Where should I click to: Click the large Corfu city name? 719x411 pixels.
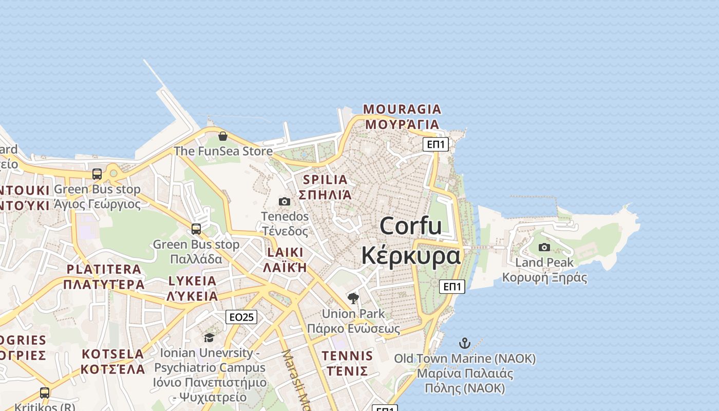410,226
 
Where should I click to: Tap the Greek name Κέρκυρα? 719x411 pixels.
410,255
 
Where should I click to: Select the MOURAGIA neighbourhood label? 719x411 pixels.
402,109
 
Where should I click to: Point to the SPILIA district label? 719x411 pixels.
325,180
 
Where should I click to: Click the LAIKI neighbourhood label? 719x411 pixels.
285,253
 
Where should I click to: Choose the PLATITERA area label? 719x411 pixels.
104,269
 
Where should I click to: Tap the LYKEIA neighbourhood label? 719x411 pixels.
193,281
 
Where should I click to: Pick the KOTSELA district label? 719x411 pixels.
113,354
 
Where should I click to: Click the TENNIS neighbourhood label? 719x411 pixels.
347,356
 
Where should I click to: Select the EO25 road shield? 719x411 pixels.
241,317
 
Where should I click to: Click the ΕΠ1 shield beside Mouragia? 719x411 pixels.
436,144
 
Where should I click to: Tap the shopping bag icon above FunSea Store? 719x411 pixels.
222,136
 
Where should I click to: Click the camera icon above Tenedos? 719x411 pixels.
285,201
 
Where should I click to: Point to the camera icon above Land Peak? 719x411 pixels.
544,248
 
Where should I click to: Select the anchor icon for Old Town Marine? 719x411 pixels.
464,343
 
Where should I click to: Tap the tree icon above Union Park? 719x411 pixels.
353,298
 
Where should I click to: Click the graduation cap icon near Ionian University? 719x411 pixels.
209,338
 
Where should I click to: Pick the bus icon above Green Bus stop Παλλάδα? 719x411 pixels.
196,229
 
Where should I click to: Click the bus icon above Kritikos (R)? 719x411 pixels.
45,393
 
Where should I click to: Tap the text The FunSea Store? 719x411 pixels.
223,151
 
